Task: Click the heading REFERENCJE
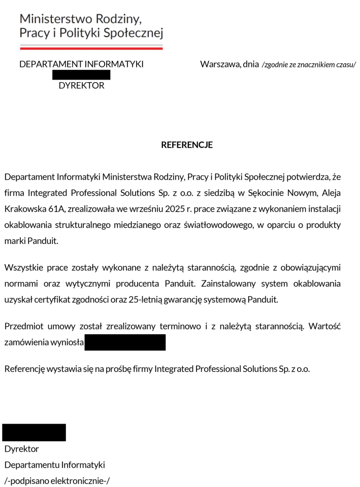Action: [x=186, y=145]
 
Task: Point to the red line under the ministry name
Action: [x=91, y=48]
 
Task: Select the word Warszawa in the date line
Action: [x=220, y=64]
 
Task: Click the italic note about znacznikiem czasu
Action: [x=309, y=65]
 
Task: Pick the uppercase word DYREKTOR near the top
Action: [x=81, y=86]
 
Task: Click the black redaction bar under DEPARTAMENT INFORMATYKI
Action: [x=81, y=75]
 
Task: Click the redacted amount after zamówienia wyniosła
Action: [x=125, y=342]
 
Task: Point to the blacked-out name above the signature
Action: [x=34, y=432]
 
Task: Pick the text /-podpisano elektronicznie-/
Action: [x=57, y=481]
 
